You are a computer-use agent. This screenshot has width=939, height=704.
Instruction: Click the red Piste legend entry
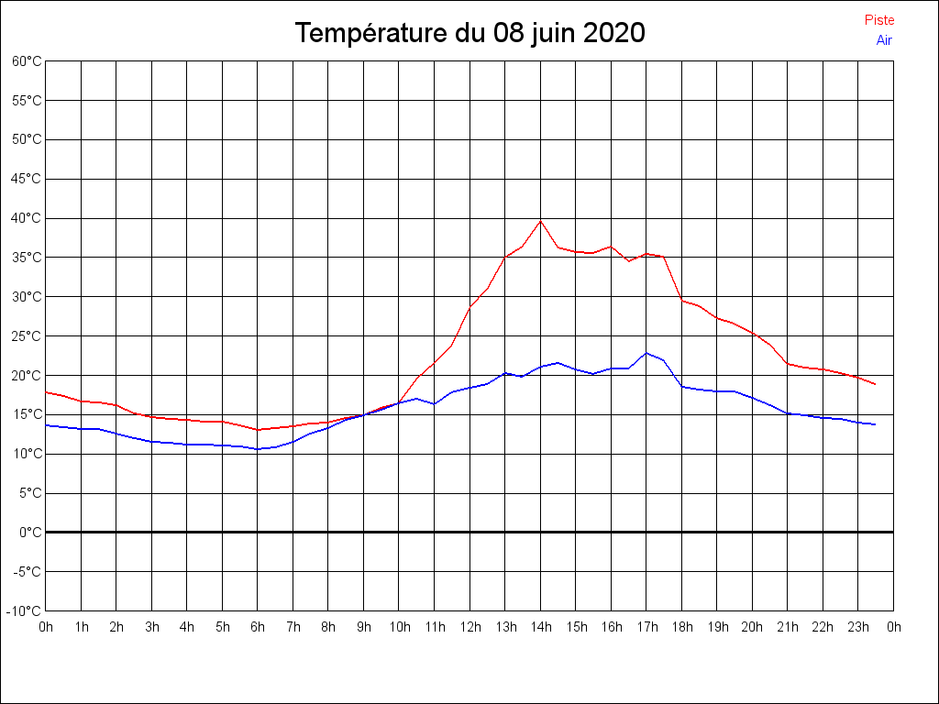point(878,20)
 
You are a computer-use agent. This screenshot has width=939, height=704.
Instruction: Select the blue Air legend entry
point(884,40)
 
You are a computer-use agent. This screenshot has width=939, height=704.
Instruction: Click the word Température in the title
point(371,34)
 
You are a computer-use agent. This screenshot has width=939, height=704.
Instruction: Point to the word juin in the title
point(547,34)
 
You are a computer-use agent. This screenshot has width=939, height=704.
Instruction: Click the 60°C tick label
point(27,60)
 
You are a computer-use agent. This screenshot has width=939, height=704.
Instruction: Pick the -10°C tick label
point(26,610)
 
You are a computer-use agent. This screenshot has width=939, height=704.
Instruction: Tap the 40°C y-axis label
point(27,218)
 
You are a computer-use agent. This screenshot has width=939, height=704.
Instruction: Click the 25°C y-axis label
point(27,335)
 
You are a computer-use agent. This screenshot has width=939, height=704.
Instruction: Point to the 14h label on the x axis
point(541,627)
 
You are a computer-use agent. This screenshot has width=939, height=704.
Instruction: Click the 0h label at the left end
point(46,627)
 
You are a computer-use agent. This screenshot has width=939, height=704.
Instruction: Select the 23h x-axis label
point(858,627)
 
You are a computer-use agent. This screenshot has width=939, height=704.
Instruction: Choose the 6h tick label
point(258,627)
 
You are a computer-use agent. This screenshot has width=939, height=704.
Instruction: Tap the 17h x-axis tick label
point(646,627)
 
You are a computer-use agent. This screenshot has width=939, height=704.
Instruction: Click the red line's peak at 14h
point(541,221)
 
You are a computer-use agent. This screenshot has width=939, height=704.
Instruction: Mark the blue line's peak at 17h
point(646,353)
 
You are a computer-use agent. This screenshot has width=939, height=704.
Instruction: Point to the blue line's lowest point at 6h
point(258,449)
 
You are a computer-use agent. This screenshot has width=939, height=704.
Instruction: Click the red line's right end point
point(876,384)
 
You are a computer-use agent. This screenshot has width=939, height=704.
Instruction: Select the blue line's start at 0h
point(46,424)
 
